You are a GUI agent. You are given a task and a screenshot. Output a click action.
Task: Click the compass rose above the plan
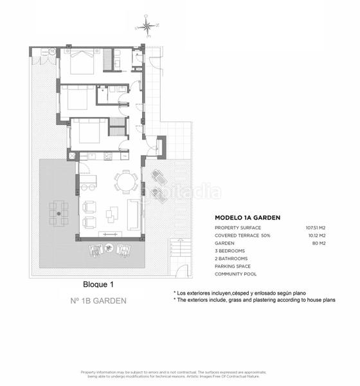(x=147, y=27)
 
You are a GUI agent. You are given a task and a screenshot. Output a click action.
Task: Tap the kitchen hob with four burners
(x=108, y=156)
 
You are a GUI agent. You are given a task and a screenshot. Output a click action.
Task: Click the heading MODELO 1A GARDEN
(x=248, y=218)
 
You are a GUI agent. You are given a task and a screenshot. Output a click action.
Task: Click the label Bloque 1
(x=98, y=284)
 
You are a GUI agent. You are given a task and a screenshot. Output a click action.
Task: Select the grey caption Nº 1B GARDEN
(x=98, y=300)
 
